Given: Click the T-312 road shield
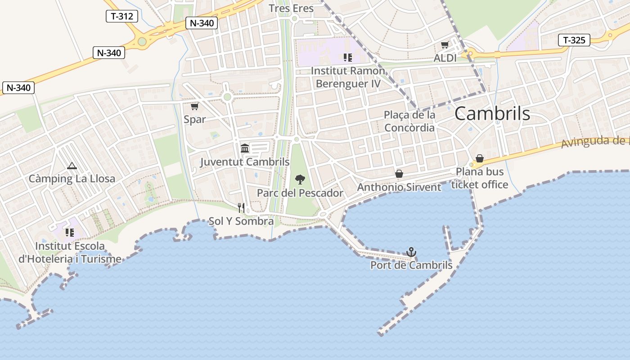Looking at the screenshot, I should tap(122, 17).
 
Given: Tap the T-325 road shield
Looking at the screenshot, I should tap(574, 40).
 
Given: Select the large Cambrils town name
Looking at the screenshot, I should tap(492, 114).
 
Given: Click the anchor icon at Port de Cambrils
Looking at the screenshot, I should tap(411, 252).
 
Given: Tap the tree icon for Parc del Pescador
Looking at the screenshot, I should tap(300, 180).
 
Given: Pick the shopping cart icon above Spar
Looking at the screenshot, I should tap(194, 107).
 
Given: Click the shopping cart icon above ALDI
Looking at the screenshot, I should tap(445, 45).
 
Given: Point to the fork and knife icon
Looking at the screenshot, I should tap(241, 207).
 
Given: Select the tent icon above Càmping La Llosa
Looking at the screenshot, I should tap(72, 166).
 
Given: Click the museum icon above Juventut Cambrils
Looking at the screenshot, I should tap(245, 148).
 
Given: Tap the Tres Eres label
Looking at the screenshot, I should tap(291, 8).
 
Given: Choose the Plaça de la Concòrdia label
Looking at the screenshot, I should tap(409, 121).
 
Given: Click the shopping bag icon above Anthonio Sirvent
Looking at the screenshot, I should tap(399, 174).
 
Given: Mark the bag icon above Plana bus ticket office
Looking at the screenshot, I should tap(480, 158).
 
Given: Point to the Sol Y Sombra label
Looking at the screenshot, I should tap(241, 221).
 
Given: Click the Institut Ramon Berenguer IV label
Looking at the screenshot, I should tap(348, 77).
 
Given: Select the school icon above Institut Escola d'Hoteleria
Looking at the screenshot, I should tap(70, 233).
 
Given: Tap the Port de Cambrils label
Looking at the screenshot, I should tap(411, 265).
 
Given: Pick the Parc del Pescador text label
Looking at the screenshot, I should tap(300, 193).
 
